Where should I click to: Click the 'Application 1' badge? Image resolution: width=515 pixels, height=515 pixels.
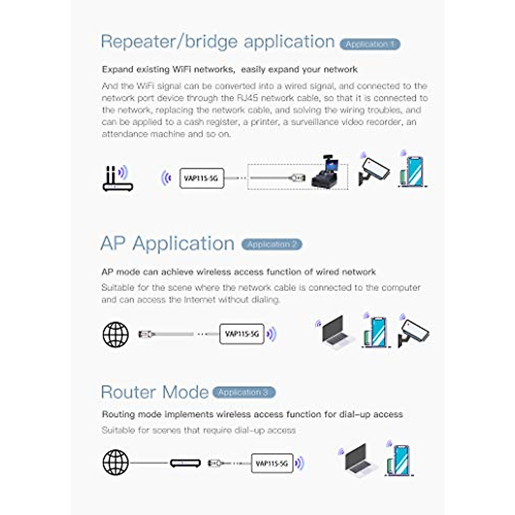[370, 44]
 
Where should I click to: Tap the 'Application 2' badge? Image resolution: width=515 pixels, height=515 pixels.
[272, 244]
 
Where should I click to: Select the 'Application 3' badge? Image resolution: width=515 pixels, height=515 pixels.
[243, 392]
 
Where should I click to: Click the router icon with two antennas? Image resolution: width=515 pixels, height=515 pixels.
[117, 179]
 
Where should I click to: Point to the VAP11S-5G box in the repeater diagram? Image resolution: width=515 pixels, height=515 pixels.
[201, 178]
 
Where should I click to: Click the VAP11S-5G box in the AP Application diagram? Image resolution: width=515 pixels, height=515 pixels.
[242, 334]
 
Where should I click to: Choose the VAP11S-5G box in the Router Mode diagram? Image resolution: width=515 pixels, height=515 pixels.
[272, 463]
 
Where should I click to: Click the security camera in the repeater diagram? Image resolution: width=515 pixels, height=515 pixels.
[373, 171]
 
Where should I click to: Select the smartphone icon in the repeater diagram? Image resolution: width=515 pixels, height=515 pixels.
[413, 172]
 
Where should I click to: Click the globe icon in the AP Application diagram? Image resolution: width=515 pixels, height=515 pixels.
[115, 334]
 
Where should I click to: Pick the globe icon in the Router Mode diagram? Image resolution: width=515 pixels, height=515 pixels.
[115, 463]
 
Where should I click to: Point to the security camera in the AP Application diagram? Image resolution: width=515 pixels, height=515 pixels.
[413, 332]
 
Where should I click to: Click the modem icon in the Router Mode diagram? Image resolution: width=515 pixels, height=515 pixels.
[185, 463]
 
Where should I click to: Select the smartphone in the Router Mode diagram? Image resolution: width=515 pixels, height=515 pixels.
[399, 460]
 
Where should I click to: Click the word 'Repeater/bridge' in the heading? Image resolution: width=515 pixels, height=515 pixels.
[169, 42]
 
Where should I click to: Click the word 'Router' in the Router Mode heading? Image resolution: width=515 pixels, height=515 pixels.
[129, 392]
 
